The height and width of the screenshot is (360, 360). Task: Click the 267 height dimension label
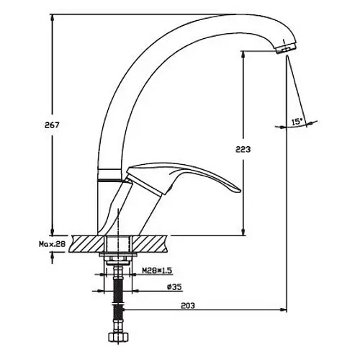point(52,125)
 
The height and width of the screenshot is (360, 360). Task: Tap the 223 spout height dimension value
point(243,150)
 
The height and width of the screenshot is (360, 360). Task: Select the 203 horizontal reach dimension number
point(188,306)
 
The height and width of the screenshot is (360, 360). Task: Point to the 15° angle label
point(297,122)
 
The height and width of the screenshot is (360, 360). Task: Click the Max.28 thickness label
point(52,244)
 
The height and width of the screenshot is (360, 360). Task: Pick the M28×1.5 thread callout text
point(157,271)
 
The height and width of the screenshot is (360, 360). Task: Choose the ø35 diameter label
point(174,287)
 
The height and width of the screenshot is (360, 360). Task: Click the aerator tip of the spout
point(287,49)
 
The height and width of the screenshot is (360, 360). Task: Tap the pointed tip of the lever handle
point(239,190)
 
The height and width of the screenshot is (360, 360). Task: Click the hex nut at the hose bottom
point(119,338)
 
